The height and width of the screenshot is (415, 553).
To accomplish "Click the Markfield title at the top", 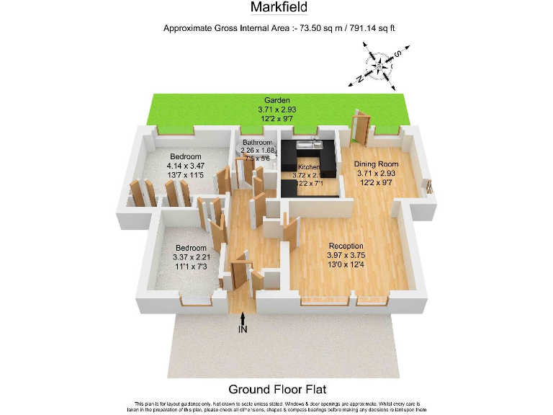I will (279, 8).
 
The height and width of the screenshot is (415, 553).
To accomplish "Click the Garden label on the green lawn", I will (277, 100).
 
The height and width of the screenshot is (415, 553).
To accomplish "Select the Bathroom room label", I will (257, 143).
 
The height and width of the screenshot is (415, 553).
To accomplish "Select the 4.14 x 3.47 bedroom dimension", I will (185, 166).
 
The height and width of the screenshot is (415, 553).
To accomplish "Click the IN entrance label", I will (244, 330).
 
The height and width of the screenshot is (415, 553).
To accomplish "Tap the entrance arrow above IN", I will (244, 318).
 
